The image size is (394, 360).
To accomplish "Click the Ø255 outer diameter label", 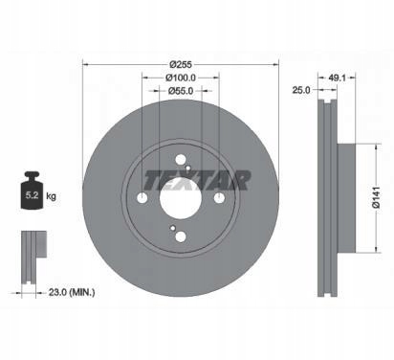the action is click(181, 64).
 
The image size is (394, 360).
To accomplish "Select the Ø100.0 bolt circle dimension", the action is click(181, 78).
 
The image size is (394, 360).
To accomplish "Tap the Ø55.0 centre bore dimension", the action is click(181, 91).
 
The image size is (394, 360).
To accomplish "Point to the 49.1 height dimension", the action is click(338, 78).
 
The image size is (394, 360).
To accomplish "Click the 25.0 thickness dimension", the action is click(301, 90).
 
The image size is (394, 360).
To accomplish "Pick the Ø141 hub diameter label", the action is click(377, 198).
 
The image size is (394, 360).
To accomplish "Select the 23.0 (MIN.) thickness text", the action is click(72, 292).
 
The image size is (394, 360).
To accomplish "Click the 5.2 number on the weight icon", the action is click(32, 195).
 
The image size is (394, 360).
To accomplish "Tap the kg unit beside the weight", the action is click(51, 195).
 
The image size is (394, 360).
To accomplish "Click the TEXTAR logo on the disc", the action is click(198, 180).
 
